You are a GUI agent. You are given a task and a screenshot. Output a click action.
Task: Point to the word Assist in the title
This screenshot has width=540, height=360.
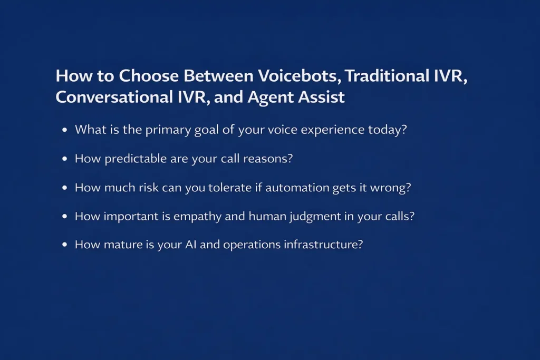pos(323,97)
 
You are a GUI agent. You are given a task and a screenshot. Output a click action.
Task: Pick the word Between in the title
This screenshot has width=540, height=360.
pos(218,76)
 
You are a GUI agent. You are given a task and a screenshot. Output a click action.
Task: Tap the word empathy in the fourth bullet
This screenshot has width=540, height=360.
pos(203,217)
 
